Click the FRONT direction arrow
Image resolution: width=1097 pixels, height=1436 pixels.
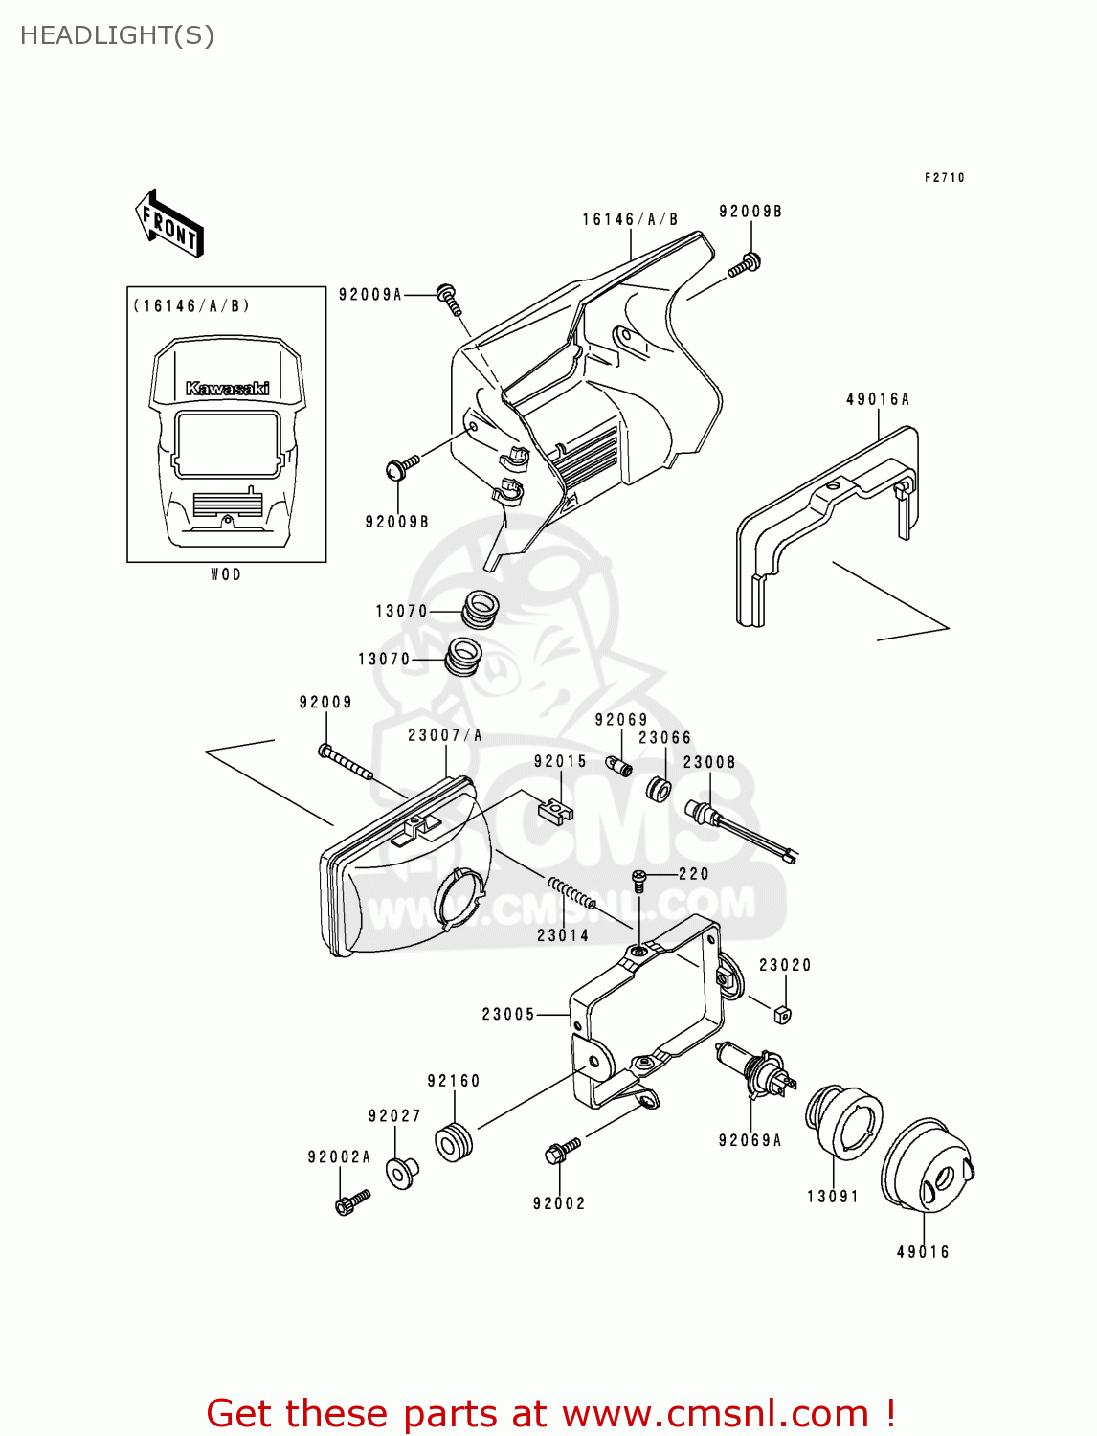[x=170, y=224]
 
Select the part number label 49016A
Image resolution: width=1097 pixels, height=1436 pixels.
[x=877, y=399]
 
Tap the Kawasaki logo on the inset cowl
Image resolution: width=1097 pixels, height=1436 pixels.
[x=227, y=388]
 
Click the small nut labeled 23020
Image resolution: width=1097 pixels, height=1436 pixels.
[x=782, y=1013]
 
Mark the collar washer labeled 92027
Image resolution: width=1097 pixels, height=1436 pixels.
[x=401, y=1172]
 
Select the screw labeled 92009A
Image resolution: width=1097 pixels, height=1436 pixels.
[x=449, y=298]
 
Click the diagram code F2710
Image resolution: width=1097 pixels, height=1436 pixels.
[x=944, y=177]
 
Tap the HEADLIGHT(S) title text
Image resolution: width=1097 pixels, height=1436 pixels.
[x=117, y=35]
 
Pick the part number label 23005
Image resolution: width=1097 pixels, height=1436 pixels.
[x=507, y=1014]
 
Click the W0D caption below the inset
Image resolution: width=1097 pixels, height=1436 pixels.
[x=226, y=574]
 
